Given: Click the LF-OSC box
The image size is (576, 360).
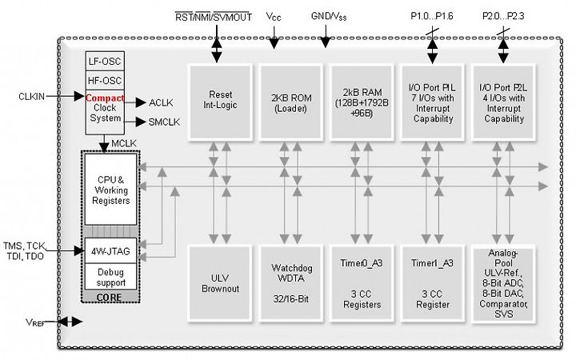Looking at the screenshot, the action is coord(105,61).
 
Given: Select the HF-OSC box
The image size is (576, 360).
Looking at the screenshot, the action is coord(105,80).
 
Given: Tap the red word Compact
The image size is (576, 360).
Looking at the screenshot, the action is coord(105,98).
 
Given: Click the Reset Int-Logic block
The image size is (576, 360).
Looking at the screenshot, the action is coord(220,102).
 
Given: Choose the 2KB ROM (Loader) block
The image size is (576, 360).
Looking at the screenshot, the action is coord(291,102).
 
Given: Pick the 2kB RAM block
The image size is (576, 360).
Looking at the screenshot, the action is coord(362,102).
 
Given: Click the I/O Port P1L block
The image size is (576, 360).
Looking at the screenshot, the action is coord(432,102).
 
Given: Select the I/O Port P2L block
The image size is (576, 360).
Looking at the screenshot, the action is coord(503,102).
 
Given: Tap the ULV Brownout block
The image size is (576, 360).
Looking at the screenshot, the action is coord(220,284).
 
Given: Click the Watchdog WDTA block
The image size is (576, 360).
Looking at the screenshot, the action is coord(291,284).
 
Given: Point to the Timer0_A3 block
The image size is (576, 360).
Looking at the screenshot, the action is coord(362,284).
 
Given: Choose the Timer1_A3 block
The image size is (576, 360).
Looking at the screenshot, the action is coord(432,284).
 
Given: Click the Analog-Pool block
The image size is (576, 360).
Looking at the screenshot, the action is coord(503,284).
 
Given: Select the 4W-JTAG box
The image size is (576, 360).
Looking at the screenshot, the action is coord(110,251).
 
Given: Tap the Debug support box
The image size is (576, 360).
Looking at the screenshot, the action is coord(110,277).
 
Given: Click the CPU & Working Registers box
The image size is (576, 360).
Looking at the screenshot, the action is coord(110,190).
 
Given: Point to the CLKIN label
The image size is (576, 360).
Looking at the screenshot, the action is coord(31,97).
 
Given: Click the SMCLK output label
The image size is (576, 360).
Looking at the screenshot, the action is coord(164,122).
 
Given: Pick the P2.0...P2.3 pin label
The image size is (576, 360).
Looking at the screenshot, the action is coord(503,16).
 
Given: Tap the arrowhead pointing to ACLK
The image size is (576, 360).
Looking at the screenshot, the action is coord(141,103).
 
